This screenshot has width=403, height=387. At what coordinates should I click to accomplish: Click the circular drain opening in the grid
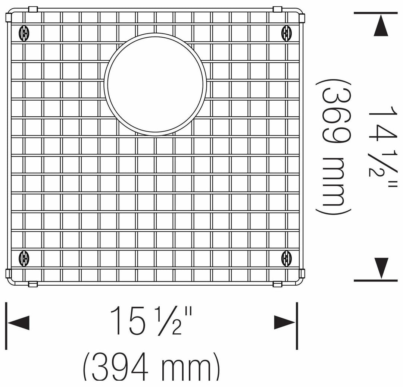155,84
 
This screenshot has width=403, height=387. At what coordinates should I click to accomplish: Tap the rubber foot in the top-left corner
23,33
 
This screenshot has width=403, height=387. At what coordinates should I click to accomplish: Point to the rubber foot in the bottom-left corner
23,258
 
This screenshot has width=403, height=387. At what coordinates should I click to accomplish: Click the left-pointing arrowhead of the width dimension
19,322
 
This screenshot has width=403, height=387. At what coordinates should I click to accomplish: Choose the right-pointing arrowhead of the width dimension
284,322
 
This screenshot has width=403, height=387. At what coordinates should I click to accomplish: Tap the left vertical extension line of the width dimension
6,326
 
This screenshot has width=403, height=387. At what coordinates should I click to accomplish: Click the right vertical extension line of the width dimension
297,326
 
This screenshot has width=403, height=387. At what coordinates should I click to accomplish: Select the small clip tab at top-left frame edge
32,9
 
